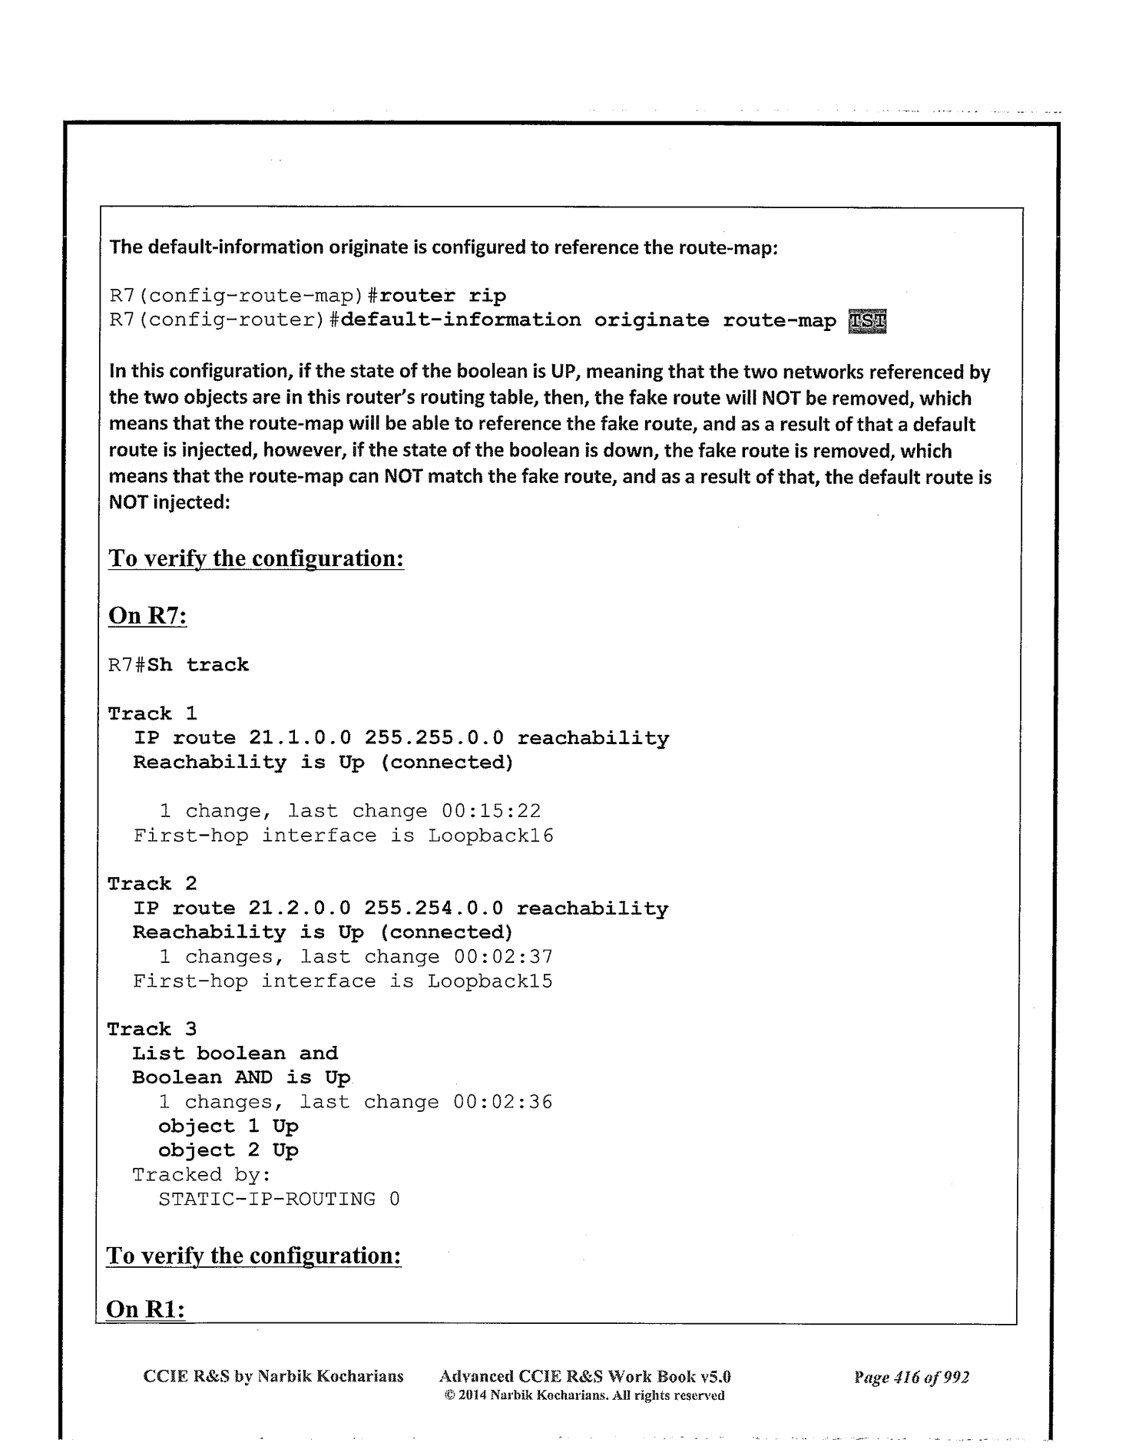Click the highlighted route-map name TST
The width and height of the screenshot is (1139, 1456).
pos(867,320)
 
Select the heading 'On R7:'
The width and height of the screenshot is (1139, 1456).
pos(148,616)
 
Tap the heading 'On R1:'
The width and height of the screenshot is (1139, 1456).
pos(146,1309)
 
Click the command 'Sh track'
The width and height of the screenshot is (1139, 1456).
pos(198,664)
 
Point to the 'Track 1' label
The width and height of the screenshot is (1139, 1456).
pos(152,713)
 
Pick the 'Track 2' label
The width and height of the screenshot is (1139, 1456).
pos(152,884)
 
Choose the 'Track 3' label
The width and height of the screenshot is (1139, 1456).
pos(152,1029)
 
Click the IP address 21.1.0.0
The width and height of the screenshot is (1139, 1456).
pos(300,738)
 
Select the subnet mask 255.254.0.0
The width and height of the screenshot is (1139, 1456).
pos(434,908)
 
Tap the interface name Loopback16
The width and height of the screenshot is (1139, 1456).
pos(491,836)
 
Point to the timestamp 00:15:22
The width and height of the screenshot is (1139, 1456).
pos(491,811)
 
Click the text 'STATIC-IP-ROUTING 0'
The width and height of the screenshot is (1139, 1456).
pos(279,1199)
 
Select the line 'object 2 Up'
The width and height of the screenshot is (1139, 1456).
pos(228,1150)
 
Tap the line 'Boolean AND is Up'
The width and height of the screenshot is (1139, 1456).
pos(241,1077)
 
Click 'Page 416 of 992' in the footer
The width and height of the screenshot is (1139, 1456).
pos(911,1377)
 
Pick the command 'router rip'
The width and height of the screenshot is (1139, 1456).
pos(443,296)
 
